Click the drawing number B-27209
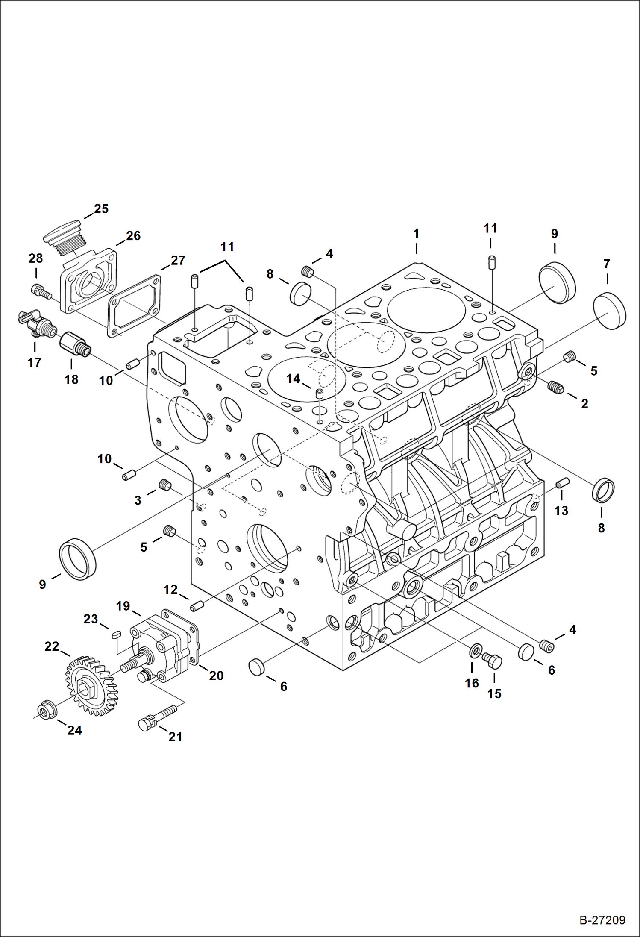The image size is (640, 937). [602, 920]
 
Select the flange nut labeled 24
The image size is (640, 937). [45, 711]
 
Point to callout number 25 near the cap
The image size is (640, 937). [101, 209]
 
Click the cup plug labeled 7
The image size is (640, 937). [610, 311]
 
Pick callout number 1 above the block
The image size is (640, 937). [416, 234]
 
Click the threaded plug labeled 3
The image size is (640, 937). [165, 485]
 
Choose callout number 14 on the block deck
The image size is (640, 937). [293, 379]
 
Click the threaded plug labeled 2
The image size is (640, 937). [555, 388]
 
